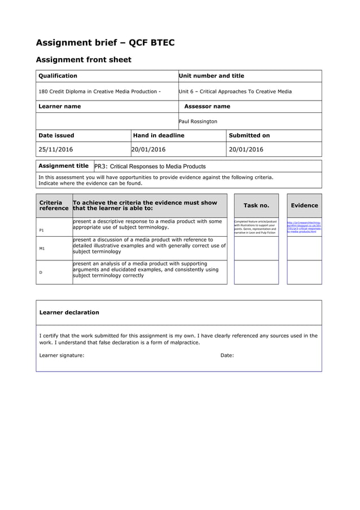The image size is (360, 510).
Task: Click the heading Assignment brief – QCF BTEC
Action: [105, 42]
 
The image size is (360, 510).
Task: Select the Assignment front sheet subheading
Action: [84, 60]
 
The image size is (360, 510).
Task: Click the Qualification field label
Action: [58, 76]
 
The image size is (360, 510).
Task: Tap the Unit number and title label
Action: [211, 76]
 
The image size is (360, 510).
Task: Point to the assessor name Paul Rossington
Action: [197, 121]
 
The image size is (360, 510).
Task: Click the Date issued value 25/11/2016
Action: [55, 150]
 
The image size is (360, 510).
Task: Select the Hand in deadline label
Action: [158, 136]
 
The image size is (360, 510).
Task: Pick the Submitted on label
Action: [249, 136]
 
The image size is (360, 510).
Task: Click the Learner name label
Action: [59, 106]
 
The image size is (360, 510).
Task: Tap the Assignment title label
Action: [63, 166]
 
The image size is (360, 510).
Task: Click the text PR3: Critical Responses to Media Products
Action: [150, 167]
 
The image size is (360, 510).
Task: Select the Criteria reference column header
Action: [54, 206]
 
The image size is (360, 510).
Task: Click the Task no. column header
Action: [256, 206]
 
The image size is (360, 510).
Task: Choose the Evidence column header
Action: [304, 206]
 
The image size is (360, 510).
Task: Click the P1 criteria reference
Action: [41, 230]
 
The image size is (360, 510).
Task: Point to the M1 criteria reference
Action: [42, 249]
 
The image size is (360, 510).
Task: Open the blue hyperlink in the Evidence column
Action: [304, 227]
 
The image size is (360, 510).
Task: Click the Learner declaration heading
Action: [69, 312]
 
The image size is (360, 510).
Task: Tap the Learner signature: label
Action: [62, 355]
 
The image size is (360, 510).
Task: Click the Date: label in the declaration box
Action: [227, 355]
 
